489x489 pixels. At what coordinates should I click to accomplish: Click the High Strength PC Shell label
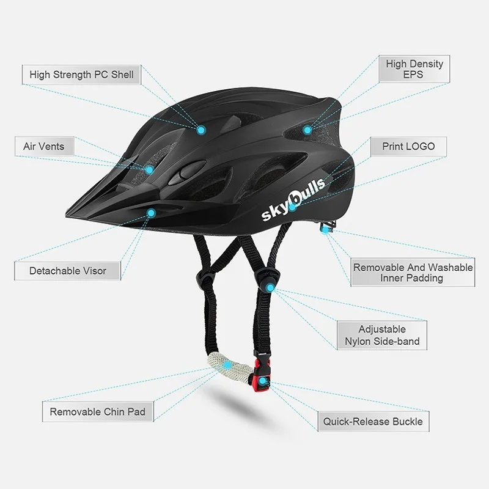coord(81,75)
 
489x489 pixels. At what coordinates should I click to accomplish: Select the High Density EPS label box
coord(413,69)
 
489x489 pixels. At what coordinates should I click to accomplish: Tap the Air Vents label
coord(43,147)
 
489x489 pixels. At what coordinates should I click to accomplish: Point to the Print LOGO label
coord(408,147)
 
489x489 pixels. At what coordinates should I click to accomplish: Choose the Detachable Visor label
coord(68,271)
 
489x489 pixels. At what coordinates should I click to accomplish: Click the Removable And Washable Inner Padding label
coord(413,273)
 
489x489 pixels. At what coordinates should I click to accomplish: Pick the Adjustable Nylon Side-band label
coord(381,335)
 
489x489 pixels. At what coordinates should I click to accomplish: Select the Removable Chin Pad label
coord(98,412)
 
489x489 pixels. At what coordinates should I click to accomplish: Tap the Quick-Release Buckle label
coord(373,421)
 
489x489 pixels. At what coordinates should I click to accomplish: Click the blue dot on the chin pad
coord(227,366)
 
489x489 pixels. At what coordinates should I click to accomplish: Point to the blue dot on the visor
coord(152,213)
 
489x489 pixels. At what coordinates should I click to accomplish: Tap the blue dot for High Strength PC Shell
coord(201,130)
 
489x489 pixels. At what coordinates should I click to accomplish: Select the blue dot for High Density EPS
coord(307,130)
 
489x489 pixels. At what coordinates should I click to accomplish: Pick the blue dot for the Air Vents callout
coord(149,169)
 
